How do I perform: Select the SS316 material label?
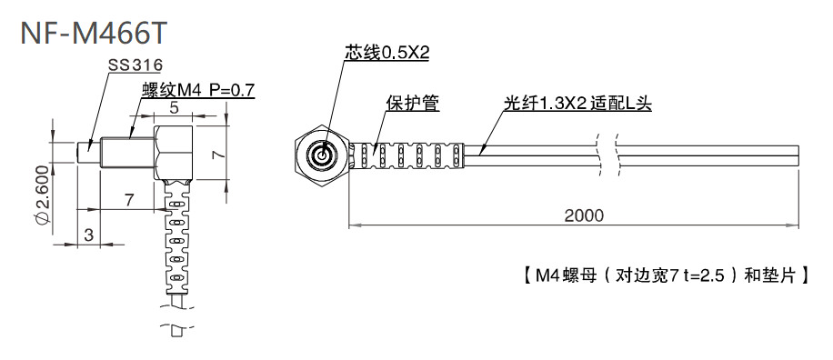pos(135,65)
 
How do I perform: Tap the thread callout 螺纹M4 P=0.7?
pos(197,90)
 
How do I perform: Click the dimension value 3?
pos(88,235)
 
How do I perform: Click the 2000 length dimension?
pos(583,215)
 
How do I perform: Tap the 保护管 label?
pos(413,104)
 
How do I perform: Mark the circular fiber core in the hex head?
pos(321,155)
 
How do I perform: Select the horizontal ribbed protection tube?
pos(408,156)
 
